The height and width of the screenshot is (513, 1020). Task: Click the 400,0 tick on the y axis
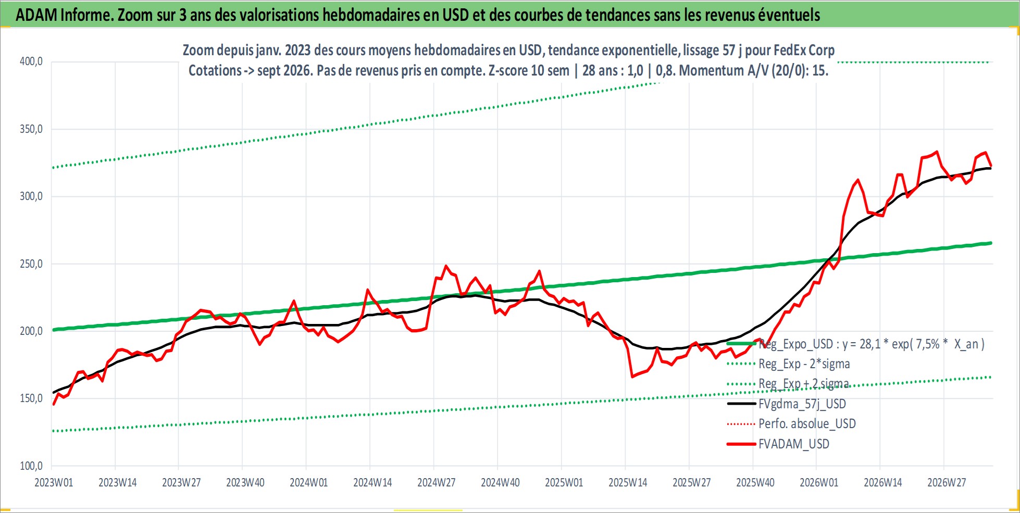pyautogui.click(x=31, y=61)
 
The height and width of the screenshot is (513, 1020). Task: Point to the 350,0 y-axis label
pyautogui.click(x=31, y=129)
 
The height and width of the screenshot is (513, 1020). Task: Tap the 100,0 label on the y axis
pyautogui.click(x=31, y=466)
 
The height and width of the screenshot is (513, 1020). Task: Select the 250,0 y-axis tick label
pyautogui.click(x=31, y=264)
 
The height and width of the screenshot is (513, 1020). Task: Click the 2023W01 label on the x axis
pyautogui.click(x=54, y=482)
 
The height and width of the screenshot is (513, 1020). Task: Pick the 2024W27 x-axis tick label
pyautogui.click(x=437, y=482)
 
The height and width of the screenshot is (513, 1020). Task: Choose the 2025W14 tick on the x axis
pyautogui.click(x=628, y=482)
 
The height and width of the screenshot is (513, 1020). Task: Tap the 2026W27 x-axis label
pyautogui.click(x=947, y=482)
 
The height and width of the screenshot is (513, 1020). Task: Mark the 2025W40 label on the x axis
pyautogui.click(x=755, y=482)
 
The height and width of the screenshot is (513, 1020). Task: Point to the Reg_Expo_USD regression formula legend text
pyautogui.click(x=872, y=344)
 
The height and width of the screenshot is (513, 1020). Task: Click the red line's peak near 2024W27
pyautogui.click(x=446, y=266)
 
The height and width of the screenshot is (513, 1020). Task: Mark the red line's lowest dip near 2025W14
pyautogui.click(x=632, y=377)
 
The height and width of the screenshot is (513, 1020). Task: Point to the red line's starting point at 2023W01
pyautogui.click(x=54, y=404)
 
